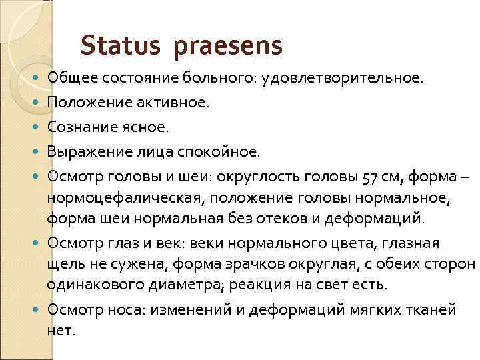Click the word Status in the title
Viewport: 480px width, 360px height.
tap(121, 46)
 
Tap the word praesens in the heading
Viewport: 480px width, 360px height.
tap(229, 47)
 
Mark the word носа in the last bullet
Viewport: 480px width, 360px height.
tap(121, 310)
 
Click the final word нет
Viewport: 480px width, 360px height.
tap(61, 329)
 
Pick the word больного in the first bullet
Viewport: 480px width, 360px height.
tap(200, 79)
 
